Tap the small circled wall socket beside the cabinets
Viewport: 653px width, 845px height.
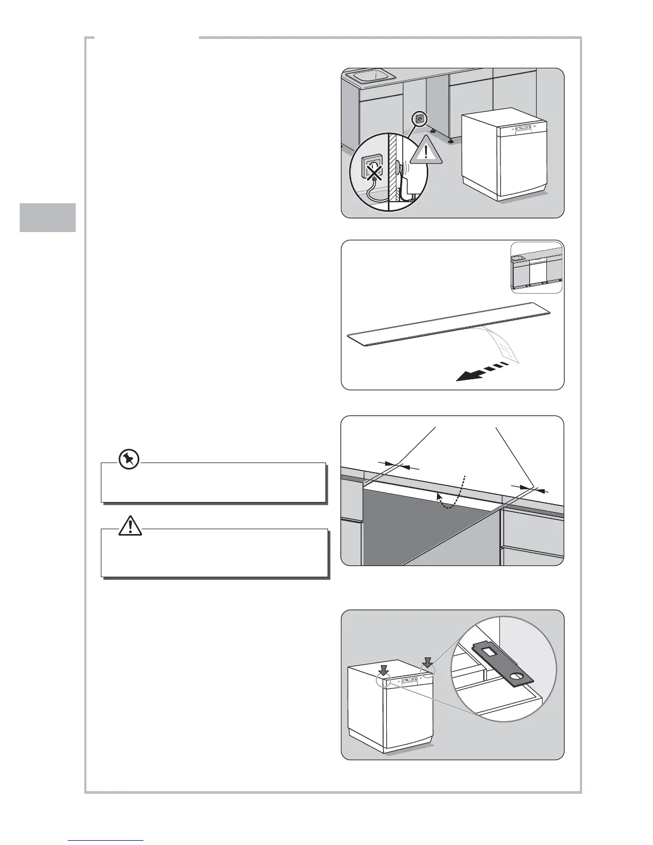tap(419, 119)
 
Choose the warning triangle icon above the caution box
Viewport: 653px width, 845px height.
tap(130, 526)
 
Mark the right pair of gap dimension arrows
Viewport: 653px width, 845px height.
tap(529, 488)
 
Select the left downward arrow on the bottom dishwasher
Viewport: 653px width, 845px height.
tap(385, 669)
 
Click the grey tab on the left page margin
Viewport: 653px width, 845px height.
tap(48, 217)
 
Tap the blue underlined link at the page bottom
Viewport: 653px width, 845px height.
tap(106, 841)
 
